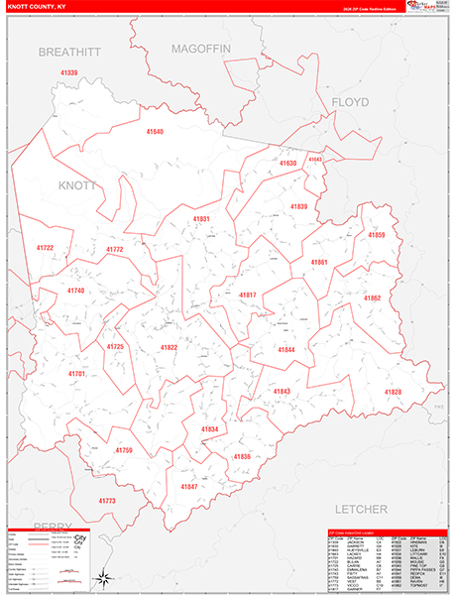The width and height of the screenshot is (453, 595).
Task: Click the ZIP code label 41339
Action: (x=68, y=73)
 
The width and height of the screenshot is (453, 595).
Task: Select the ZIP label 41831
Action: (x=201, y=218)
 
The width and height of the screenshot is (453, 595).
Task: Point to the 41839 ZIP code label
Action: (x=299, y=206)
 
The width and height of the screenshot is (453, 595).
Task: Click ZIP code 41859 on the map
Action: (x=376, y=235)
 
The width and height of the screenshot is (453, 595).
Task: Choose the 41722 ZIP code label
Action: (x=46, y=248)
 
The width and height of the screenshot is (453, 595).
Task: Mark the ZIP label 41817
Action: (x=247, y=296)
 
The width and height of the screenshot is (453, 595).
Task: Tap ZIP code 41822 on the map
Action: (x=169, y=347)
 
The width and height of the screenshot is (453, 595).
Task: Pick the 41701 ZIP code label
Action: (x=77, y=374)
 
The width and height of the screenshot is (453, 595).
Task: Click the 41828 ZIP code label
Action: (x=393, y=393)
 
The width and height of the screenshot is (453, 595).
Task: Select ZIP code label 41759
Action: (x=123, y=450)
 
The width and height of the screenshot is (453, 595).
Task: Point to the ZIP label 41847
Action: (x=188, y=486)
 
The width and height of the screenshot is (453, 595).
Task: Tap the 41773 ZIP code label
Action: (x=107, y=501)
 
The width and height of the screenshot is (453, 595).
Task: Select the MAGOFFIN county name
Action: (x=199, y=48)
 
